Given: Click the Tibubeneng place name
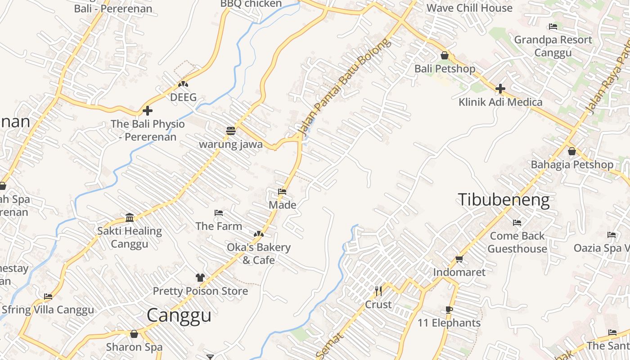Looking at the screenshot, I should point(504,200).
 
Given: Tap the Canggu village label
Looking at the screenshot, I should point(179,315).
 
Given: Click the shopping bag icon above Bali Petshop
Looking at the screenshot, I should point(445,55).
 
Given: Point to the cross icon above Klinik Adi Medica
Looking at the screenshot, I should point(500,88).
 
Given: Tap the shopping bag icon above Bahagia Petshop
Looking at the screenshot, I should point(571,151).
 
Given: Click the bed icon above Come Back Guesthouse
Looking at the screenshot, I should point(517,222).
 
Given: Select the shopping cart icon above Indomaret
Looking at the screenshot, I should point(459,259).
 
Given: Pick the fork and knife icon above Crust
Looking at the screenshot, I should point(378,291).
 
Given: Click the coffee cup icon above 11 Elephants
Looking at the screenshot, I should point(449,310).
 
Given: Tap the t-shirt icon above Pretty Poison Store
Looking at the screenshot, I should point(200,278).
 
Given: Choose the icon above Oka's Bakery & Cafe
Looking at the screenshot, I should point(258,234).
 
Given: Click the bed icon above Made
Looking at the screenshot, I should point(282,192).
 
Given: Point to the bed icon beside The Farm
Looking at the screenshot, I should point(219,212).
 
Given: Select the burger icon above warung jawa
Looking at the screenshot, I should point(231,131).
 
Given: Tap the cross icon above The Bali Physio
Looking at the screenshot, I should point(148,110).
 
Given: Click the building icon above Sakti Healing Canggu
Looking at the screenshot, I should point(130,218).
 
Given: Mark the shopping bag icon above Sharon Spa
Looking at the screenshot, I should point(134,334).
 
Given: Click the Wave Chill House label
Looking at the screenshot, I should point(469,8).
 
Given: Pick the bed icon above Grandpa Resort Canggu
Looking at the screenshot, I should point(553,27).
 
